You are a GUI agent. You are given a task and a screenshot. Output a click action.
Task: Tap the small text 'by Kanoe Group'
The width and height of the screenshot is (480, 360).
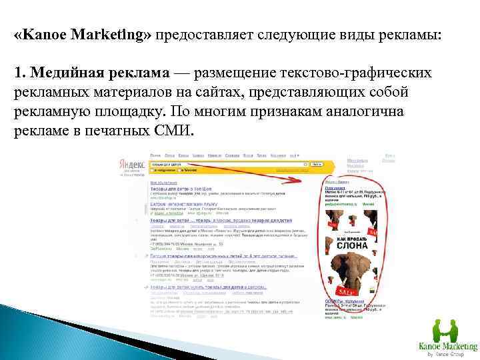pos(447,354)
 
